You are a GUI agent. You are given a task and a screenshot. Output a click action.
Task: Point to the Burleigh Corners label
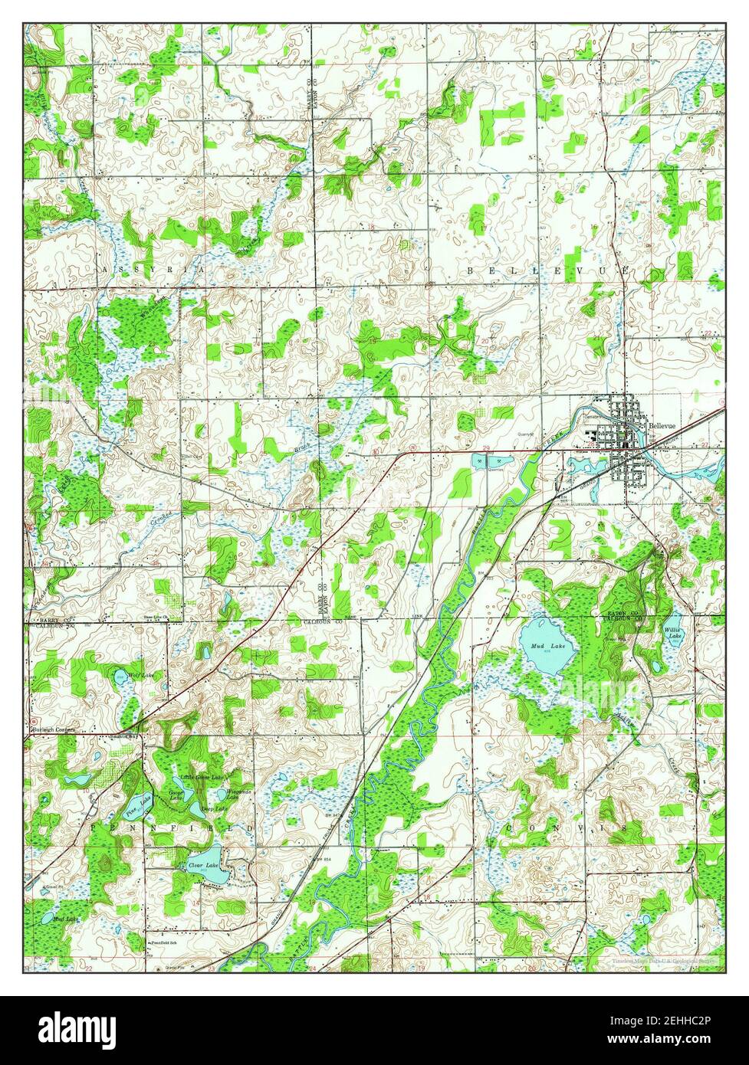click(x=53, y=730)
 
